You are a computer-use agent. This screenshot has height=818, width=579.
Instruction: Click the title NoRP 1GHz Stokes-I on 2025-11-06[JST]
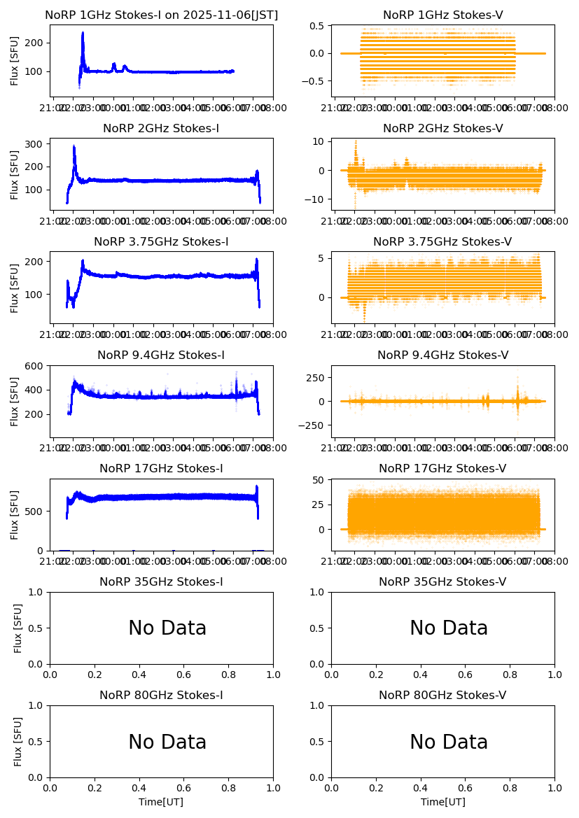[x=161, y=15]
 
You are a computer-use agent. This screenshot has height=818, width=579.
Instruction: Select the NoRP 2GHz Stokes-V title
[x=442, y=129]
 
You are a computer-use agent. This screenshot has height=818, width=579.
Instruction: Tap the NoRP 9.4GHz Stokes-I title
[x=161, y=355]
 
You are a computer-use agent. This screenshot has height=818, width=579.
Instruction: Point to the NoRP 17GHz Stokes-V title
[x=442, y=469]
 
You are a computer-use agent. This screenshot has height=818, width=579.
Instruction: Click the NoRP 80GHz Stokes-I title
[x=161, y=696]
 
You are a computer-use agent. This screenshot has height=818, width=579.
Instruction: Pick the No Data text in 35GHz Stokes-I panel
[x=167, y=628]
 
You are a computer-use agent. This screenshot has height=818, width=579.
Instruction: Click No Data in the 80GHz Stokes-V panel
[x=449, y=742]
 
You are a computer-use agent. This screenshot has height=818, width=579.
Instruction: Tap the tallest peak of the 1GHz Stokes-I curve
[x=83, y=32]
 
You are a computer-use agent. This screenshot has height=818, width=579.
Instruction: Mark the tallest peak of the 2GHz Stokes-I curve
[x=74, y=146]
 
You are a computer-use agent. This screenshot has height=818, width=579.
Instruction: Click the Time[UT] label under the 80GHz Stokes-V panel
[x=442, y=802]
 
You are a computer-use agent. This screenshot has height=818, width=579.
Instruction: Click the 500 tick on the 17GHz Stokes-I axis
[x=36, y=511]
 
